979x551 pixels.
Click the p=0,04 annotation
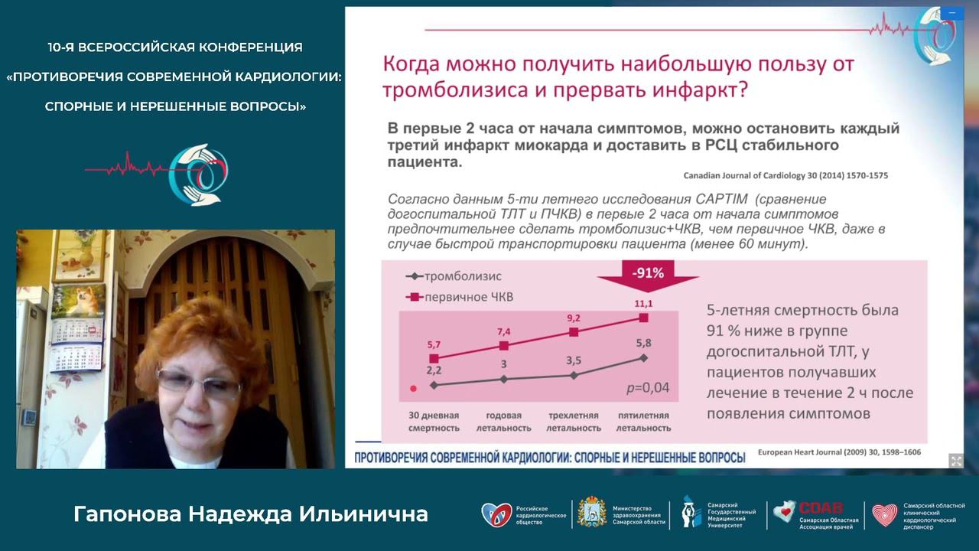[x=647, y=388]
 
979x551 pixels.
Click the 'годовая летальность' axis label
[x=503, y=422]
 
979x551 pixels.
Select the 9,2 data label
[x=574, y=318]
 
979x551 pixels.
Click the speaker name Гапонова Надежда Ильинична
[x=251, y=514]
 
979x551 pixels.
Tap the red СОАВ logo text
[x=820, y=507]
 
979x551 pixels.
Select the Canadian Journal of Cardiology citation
[x=785, y=175]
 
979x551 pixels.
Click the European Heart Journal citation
[x=839, y=452]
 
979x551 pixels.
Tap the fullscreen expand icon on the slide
[x=956, y=460]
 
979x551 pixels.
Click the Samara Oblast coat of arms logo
[x=591, y=512]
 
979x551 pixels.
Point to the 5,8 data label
[x=642, y=344]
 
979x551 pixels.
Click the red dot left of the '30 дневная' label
[x=414, y=388]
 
